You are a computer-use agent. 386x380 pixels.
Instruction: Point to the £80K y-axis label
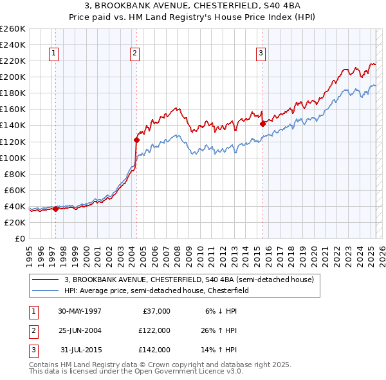coord(15,174)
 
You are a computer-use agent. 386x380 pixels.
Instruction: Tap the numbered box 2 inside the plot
coord(134,54)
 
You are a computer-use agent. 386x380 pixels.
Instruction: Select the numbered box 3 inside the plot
coord(261,54)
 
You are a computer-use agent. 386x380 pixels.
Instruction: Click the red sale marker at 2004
coord(136,140)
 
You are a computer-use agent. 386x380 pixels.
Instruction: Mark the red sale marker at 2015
coord(262,124)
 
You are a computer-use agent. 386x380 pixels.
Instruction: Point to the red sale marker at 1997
coord(56,209)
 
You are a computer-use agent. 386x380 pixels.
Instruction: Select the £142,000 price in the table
coord(154,350)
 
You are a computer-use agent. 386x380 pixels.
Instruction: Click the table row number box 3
coord(32,350)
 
